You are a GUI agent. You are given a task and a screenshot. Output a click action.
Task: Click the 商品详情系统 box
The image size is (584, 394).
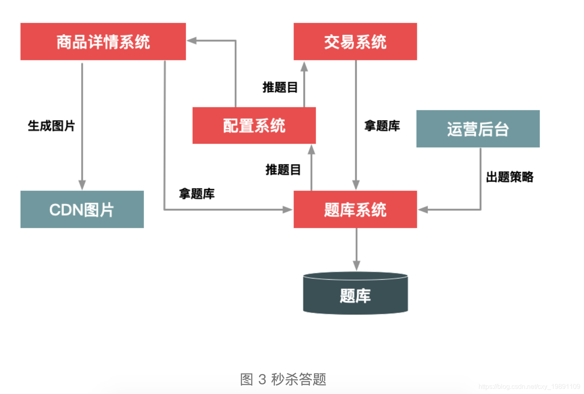[103, 42]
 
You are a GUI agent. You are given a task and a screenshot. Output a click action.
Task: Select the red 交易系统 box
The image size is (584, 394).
[355, 42]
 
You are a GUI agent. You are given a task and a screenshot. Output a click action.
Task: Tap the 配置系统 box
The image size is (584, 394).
[254, 125]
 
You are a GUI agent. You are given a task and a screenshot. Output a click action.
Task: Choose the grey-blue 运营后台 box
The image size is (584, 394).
[478, 129]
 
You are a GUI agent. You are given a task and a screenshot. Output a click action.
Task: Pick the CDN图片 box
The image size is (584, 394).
[82, 209]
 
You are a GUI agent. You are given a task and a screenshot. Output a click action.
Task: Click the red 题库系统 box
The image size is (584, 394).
[355, 209]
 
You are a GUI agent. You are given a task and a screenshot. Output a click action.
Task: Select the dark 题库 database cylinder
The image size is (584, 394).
[355, 294]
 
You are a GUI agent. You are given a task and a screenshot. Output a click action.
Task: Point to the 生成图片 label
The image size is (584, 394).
[51, 126]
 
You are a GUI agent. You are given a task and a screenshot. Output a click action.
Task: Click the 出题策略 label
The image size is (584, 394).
[509, 177]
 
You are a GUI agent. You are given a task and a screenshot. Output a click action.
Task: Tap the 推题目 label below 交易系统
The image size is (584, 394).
[280, 87]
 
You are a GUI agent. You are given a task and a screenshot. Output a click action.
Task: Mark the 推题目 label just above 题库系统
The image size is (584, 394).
[283, 169]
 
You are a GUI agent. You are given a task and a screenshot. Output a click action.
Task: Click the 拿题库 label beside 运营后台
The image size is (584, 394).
[382, 126]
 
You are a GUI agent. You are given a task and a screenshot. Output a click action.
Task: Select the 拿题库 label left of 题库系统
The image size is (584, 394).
[197, 193]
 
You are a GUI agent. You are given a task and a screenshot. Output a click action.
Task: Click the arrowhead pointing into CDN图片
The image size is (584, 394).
[82, 185]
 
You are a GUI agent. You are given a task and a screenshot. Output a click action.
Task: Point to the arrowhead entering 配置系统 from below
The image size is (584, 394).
[312, 149]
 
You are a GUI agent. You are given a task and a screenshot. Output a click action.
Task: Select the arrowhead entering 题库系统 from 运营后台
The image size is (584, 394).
[423, 210]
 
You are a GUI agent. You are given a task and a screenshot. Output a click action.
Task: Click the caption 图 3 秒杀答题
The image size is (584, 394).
[283, 379]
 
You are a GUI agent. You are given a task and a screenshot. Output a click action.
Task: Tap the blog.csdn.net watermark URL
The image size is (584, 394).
[529, 387]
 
